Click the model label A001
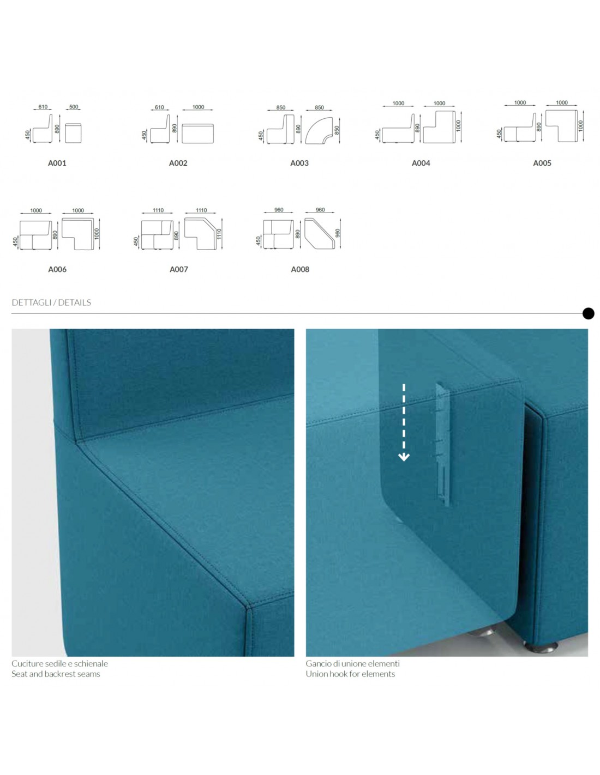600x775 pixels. [57, 163]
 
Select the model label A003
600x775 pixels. [299, 163]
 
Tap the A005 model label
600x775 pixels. [542, 163]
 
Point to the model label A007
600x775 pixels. [178, 269]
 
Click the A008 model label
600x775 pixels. [300, 269]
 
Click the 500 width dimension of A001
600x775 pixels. [74, 107]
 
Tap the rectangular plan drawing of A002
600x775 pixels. [197, 134]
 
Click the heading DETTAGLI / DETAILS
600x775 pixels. [51, 302]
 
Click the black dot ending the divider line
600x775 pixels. [588, 313]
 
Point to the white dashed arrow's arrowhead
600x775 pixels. [404, 457]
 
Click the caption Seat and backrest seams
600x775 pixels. [56, 674]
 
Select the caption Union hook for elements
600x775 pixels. [350, 674]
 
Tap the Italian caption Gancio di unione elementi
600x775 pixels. [353, 663]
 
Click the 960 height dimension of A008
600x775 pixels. [338, 234]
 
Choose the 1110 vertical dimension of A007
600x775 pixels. [219, 234]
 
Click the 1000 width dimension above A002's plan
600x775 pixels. [198, 107]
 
